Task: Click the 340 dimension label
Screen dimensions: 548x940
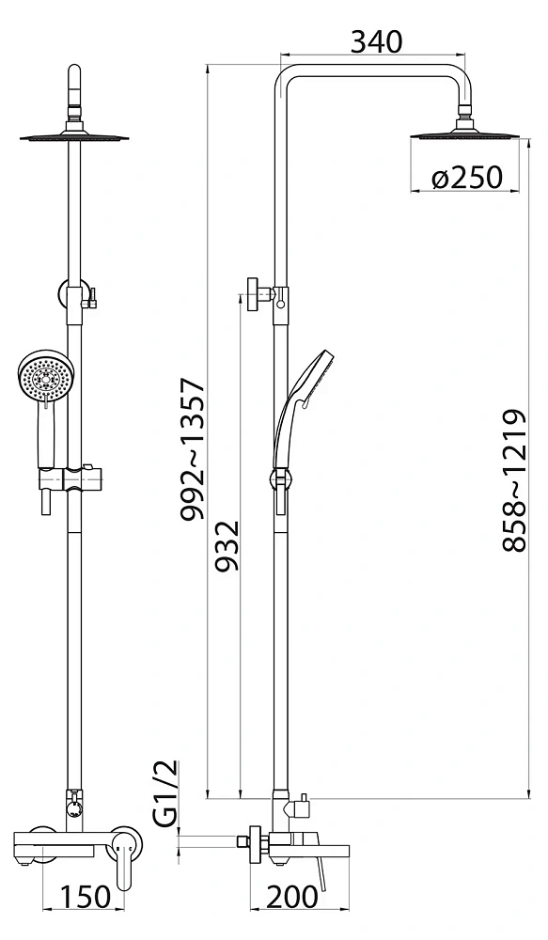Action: pos(376,42)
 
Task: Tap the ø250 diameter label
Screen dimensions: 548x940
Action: pos(466,177)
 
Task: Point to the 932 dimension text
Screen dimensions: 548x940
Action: pos(227,545)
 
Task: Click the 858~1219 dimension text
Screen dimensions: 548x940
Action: pos(514,480)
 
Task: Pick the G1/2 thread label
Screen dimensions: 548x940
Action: pos(166,793)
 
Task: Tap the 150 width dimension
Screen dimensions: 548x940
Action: pos(86,897)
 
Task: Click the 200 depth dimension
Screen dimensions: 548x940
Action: pos(291,897)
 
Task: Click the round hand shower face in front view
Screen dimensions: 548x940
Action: pos(45,377)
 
